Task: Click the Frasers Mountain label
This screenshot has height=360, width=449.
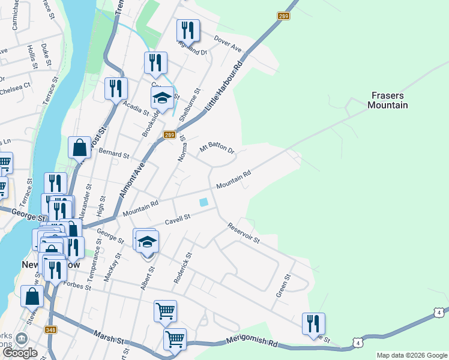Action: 388,100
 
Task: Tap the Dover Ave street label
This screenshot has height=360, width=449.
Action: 228,44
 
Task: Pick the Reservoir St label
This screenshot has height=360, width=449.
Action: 243,233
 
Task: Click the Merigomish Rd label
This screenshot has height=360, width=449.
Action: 252,342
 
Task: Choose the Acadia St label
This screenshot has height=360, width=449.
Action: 135,108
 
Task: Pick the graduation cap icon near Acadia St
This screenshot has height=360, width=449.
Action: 161,98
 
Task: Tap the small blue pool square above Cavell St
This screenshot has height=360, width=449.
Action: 205,202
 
